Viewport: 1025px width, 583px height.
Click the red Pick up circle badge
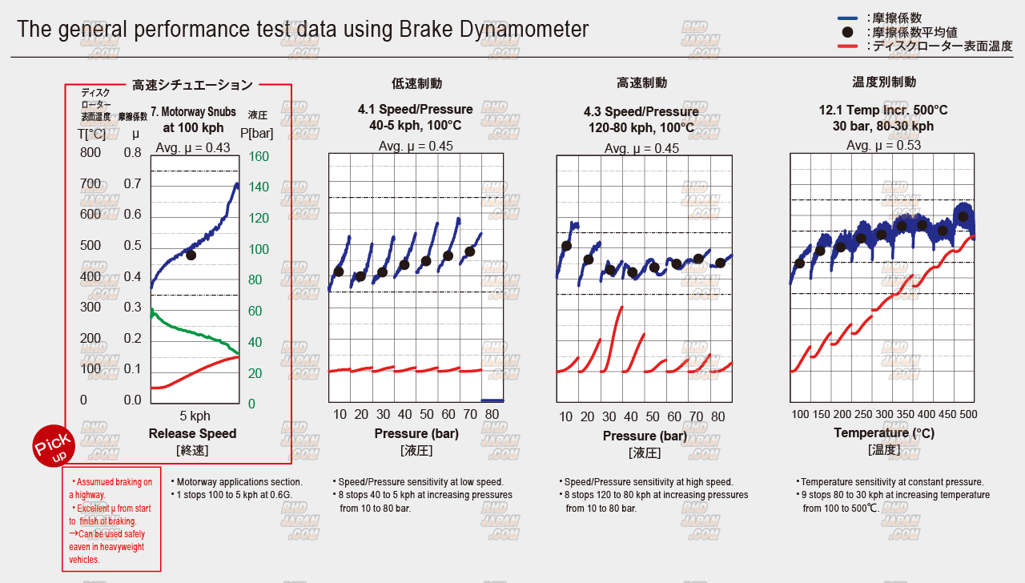coord(54,446)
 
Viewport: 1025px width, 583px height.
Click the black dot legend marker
coord(847,33)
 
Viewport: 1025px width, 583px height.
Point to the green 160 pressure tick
coord(259,156)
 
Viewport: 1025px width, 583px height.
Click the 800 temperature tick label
coord(90,153)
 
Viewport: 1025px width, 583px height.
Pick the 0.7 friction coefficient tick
coord(132,184)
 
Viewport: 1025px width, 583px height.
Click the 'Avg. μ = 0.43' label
coord(193,147)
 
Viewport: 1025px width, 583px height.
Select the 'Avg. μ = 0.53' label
coord(883,145)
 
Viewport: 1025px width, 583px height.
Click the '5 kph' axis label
coord(195,416)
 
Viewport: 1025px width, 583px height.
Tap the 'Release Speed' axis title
coord(192,433)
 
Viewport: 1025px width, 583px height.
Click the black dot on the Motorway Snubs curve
coord(191,255)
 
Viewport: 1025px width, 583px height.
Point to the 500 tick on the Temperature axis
coord(968,414)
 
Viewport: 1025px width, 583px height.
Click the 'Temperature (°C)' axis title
coord(883,433)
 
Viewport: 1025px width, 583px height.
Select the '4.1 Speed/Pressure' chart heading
coord(416,110)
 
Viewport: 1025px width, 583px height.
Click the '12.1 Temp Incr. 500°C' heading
coord(882,110)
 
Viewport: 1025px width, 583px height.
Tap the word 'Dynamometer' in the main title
coord(525,29)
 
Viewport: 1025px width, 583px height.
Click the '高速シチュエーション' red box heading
coord(192,84)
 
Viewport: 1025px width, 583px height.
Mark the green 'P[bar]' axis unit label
coord(257,133)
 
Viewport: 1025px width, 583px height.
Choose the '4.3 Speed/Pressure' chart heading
coord(641,111)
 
